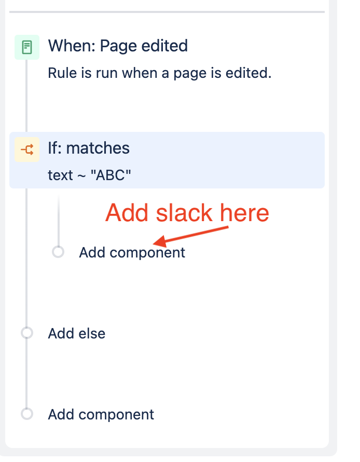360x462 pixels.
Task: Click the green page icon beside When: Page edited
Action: (27, 48)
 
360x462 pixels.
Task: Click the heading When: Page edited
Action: (118, 46)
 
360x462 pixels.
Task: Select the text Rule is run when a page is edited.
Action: (159, 73)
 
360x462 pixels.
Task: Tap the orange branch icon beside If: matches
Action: (27, 150)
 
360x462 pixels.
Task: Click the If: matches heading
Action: (89, 148)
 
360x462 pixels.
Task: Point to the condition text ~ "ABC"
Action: (89, 175)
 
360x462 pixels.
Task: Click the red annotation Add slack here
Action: (187, 213)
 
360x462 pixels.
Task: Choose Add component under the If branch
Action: (132, 253)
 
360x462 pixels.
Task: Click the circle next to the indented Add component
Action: (58, 252)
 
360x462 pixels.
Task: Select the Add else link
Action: (77, 333)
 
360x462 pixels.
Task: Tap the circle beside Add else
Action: (27, 333)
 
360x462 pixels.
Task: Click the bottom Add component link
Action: (101, 415)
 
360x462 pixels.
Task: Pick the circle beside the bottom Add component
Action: (27, 414)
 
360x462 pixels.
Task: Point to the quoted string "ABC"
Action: (111, 175)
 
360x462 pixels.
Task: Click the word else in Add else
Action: (92, 333)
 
